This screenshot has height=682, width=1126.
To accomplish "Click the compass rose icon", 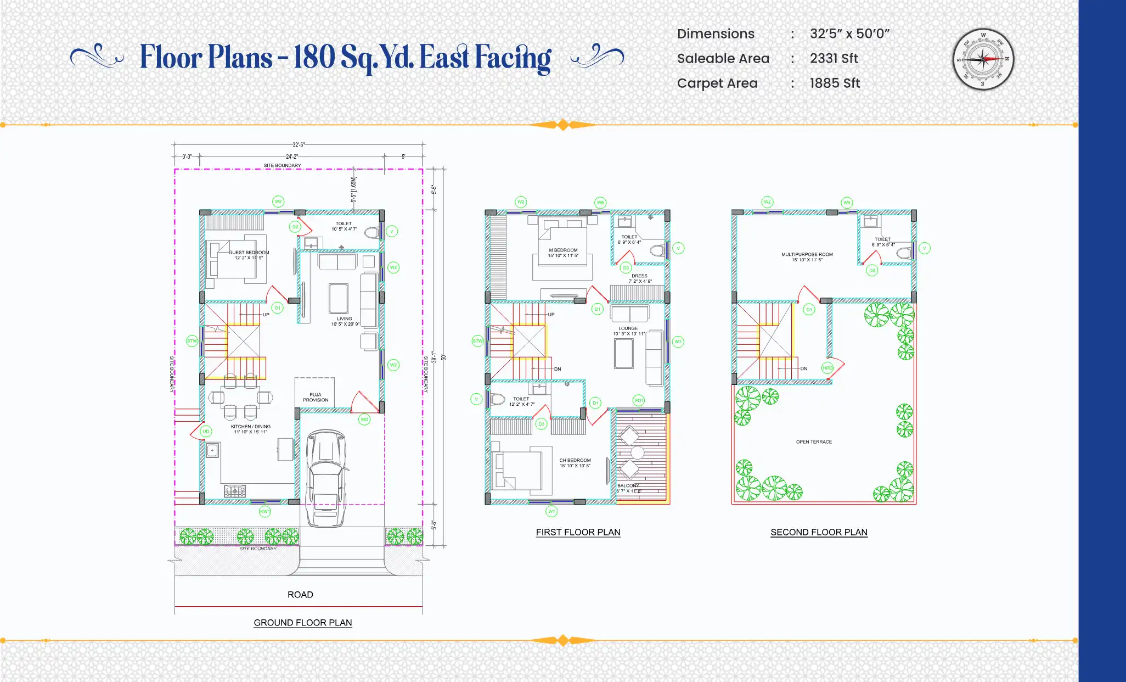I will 983,59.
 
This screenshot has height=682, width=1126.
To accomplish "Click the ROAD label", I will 300,595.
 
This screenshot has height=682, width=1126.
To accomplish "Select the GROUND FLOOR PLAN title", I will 303,623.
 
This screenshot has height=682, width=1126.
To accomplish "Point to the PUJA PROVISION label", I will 316,398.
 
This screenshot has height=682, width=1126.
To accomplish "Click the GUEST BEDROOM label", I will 249,255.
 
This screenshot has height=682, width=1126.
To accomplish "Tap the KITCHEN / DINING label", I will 250,429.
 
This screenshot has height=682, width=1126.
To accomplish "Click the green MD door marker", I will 364,420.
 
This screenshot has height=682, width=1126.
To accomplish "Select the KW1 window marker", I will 265,512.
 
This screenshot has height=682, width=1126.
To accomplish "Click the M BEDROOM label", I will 563,253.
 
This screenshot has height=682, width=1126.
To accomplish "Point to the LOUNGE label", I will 628,331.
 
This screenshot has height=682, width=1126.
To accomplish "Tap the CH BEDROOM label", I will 575,463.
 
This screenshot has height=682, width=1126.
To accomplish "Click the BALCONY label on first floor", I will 628,486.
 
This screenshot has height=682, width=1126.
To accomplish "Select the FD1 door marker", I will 639,400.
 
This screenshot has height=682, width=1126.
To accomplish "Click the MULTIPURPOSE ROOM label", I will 807,257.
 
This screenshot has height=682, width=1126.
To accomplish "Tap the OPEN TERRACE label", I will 814,442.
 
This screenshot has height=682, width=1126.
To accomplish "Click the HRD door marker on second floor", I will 827,368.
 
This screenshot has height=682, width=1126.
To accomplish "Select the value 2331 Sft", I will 834,59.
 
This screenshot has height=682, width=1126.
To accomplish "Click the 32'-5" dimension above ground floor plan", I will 299,145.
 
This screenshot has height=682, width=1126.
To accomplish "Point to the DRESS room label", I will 640,278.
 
